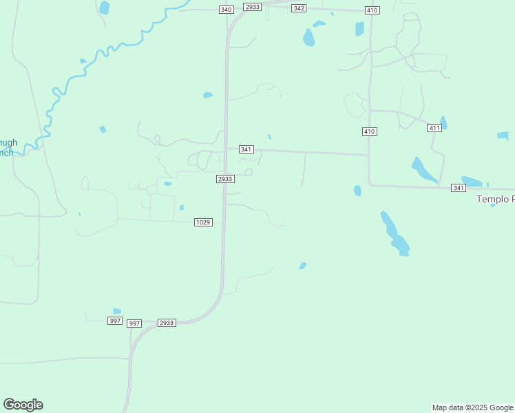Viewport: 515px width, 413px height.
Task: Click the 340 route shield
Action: pos(227,9)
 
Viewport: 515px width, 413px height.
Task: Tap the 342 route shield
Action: pos(299,8)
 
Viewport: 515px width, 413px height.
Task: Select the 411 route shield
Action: pos(434,128)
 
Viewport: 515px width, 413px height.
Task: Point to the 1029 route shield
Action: pos(202,222)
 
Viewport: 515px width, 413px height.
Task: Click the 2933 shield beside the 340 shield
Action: pos(253,6)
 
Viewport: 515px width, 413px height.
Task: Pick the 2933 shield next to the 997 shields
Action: pos(167,322)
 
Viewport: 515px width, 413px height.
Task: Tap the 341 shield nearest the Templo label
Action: pos(459,187)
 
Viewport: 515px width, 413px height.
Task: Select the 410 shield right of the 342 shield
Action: pos(372,10)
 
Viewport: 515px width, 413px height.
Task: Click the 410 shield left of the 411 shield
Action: pos(369,131)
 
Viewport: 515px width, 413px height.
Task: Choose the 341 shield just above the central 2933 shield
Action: pos(246,149)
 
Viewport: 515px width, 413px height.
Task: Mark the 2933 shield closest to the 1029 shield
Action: pos(225,179)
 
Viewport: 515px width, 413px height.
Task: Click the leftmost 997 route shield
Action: pos(115,321)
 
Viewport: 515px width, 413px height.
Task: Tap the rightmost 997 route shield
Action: pos(134,323)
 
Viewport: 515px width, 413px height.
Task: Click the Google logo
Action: pos(23,405)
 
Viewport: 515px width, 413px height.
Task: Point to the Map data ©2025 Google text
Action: pos(472,407)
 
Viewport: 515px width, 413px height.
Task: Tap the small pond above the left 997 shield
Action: pos(117,311)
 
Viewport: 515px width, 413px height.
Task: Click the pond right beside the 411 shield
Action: pos(443,123)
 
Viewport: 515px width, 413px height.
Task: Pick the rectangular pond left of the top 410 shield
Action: pos(359,28)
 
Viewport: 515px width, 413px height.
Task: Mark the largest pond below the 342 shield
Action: pos(308,37)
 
